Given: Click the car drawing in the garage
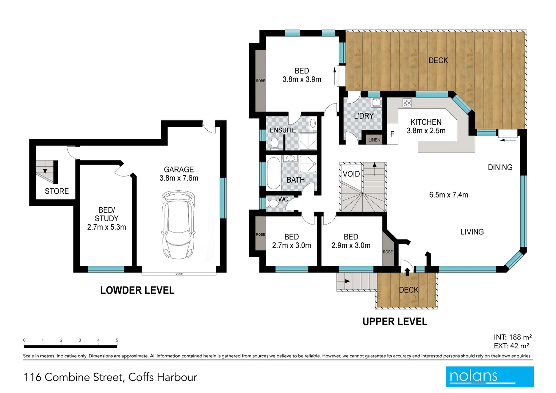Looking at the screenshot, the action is point(178,225).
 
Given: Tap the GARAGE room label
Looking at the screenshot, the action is point(179,170).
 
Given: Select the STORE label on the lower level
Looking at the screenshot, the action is point(57,191).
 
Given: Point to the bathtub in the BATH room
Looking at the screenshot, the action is point(273,174).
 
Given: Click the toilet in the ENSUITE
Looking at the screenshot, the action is point(274,144).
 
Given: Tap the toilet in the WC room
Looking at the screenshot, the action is point(273,203).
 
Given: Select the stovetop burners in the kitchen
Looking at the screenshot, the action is point(407,103).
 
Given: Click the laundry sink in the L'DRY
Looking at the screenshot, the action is point(376,102).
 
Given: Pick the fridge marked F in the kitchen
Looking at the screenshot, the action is point(393,134).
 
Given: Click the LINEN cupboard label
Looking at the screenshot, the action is point(374,140).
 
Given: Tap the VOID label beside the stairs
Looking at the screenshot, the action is point(351,174).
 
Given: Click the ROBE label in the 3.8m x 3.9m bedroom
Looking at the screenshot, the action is point(261,81).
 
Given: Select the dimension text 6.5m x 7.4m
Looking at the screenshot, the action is point(449,195).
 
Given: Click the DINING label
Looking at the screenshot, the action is point(500,167).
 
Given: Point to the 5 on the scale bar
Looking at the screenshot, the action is point(117,340).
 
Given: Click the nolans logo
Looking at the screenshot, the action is point(490,377).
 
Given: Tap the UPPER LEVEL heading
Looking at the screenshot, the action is point(395,322).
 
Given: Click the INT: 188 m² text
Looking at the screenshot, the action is point(513,337).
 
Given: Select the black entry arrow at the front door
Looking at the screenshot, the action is point(407,272).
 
